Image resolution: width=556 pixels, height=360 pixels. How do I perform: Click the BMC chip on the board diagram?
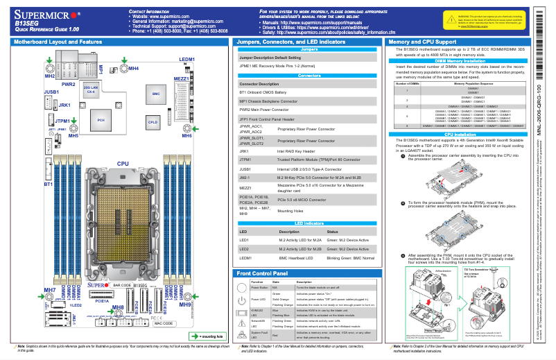coord(156,93)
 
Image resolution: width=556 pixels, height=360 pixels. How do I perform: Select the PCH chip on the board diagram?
coord(101,119)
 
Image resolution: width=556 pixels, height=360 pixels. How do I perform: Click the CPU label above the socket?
coord(123,164)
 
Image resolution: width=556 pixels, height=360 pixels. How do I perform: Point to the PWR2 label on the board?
coord(69,84)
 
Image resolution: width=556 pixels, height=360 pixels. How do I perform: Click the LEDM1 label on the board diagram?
coord(187,60)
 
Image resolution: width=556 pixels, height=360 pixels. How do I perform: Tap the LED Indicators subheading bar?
coord(310,223)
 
